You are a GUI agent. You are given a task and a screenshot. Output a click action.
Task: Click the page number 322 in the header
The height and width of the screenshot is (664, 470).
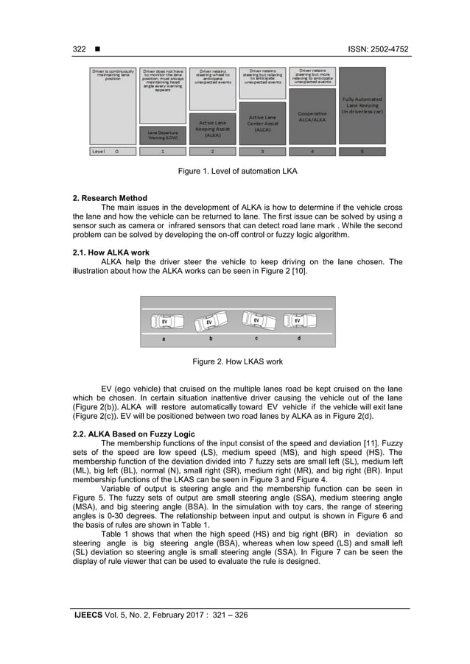tap(79, 49)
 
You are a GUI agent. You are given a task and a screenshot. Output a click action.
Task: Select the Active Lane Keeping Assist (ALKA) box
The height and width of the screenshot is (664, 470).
tap(213, 128)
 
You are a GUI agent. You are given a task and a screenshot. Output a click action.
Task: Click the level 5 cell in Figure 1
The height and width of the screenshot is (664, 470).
tap(362, 152)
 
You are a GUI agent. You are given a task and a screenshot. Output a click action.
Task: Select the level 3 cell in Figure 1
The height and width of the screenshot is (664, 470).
tap(262, 152)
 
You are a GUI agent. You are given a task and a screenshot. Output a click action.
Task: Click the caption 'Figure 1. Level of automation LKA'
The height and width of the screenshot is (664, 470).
tap(236, 171)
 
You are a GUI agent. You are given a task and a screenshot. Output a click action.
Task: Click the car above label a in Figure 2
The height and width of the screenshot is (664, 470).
tap(164, 322)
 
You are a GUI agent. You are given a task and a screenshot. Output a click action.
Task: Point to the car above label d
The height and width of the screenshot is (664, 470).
tap(298, 322)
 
